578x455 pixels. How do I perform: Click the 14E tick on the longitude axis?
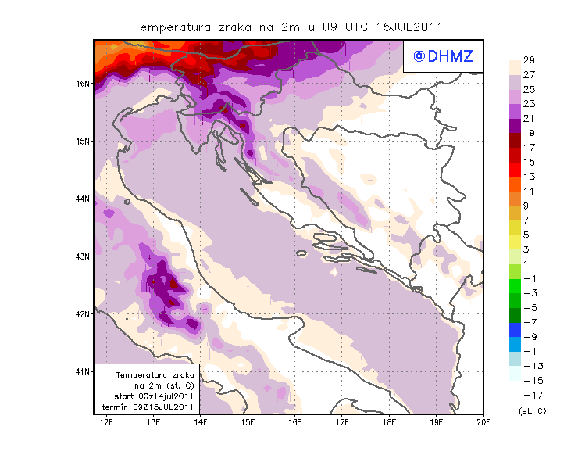click(x=202, y=423)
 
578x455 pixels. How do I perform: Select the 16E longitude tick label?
click(x=295, y=423)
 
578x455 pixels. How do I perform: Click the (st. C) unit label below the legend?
click(x=533, y=410)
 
